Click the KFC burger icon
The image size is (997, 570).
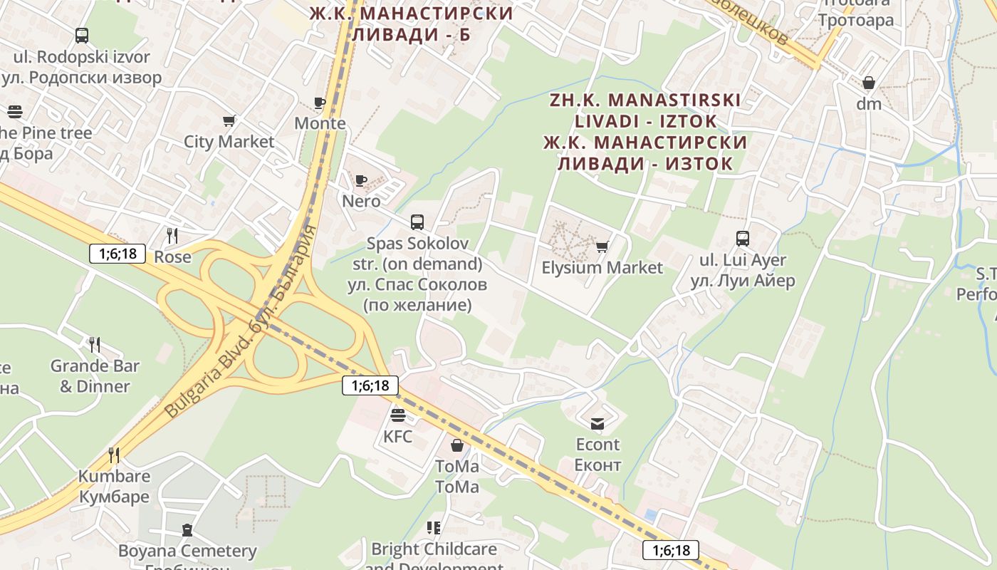coord(397,415)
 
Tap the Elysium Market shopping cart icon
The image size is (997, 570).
coord(602,247)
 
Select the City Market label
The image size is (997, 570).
coord(229,141)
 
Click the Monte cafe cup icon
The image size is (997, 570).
coord(320,103)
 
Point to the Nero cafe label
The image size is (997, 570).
coord(361,201)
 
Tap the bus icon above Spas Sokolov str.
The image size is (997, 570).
coord(417,222)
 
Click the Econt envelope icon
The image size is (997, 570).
coord(597,423)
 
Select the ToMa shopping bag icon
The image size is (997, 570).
coord(456,445)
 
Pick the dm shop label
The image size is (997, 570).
coord(868,104)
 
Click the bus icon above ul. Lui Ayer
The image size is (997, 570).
coord(743,238)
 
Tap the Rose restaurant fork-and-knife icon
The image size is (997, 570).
coord(172,235)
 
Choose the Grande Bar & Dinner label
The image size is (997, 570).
coord(95,376)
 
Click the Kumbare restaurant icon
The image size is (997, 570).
coord(114,455)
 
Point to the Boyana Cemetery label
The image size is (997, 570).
coord(187,551)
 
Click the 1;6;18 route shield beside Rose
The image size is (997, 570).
coord(118,253)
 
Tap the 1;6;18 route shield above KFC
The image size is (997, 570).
coord(370,385)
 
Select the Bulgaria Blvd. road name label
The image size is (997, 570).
coord(240,322)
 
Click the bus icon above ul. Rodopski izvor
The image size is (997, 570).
coord(82,35)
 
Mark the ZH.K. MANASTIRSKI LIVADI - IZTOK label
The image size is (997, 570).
coord(645,110)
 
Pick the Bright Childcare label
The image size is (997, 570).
coord(434,549)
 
